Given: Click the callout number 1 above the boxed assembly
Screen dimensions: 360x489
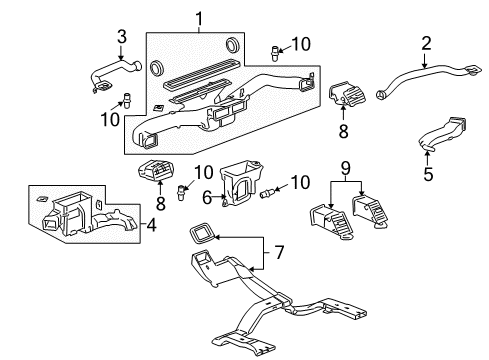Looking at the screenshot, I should (198, 17).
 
